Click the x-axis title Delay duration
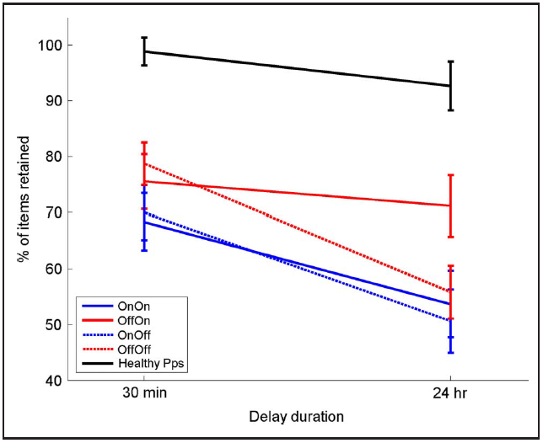297,416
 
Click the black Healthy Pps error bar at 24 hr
450,86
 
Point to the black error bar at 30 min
144,51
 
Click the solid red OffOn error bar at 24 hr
450,205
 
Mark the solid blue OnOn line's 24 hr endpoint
450,304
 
